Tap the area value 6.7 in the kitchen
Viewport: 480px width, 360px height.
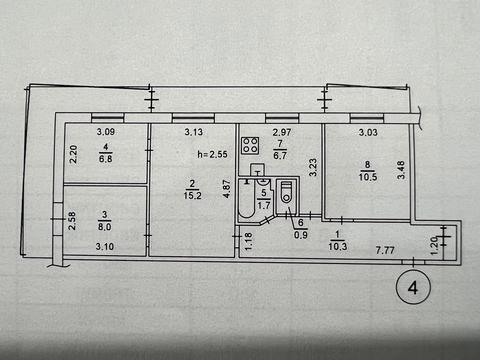(280, 155)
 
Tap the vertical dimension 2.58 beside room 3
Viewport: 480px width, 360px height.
(71, 217)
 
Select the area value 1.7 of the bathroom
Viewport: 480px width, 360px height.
(265, 204)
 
